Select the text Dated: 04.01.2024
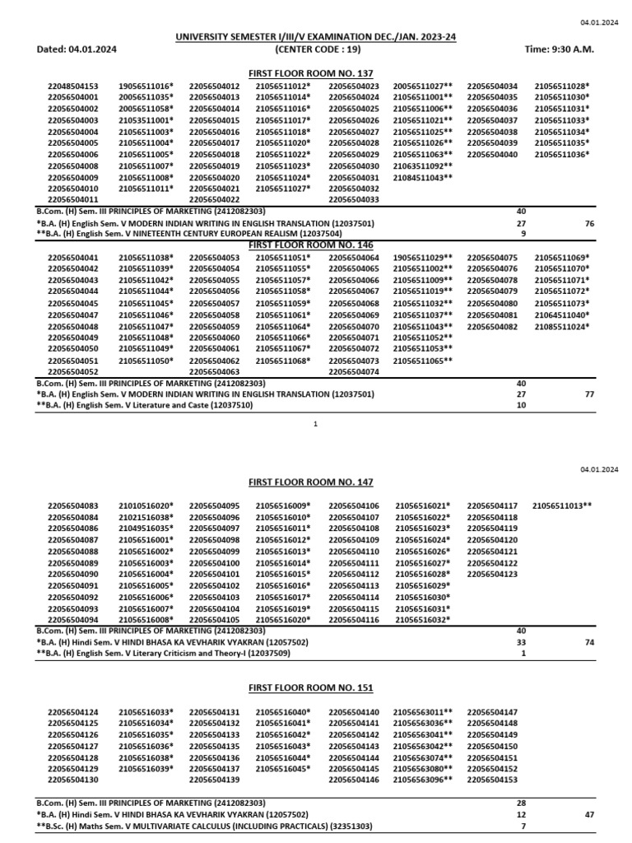(77, 49)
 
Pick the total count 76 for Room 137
(588, 223)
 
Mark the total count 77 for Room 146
(588, 394)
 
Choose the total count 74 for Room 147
(588, 642)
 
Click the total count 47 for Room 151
(588, 814)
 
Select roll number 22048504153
(73, 86)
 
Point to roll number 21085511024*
(562, 326)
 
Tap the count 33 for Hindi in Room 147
(520, 642)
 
